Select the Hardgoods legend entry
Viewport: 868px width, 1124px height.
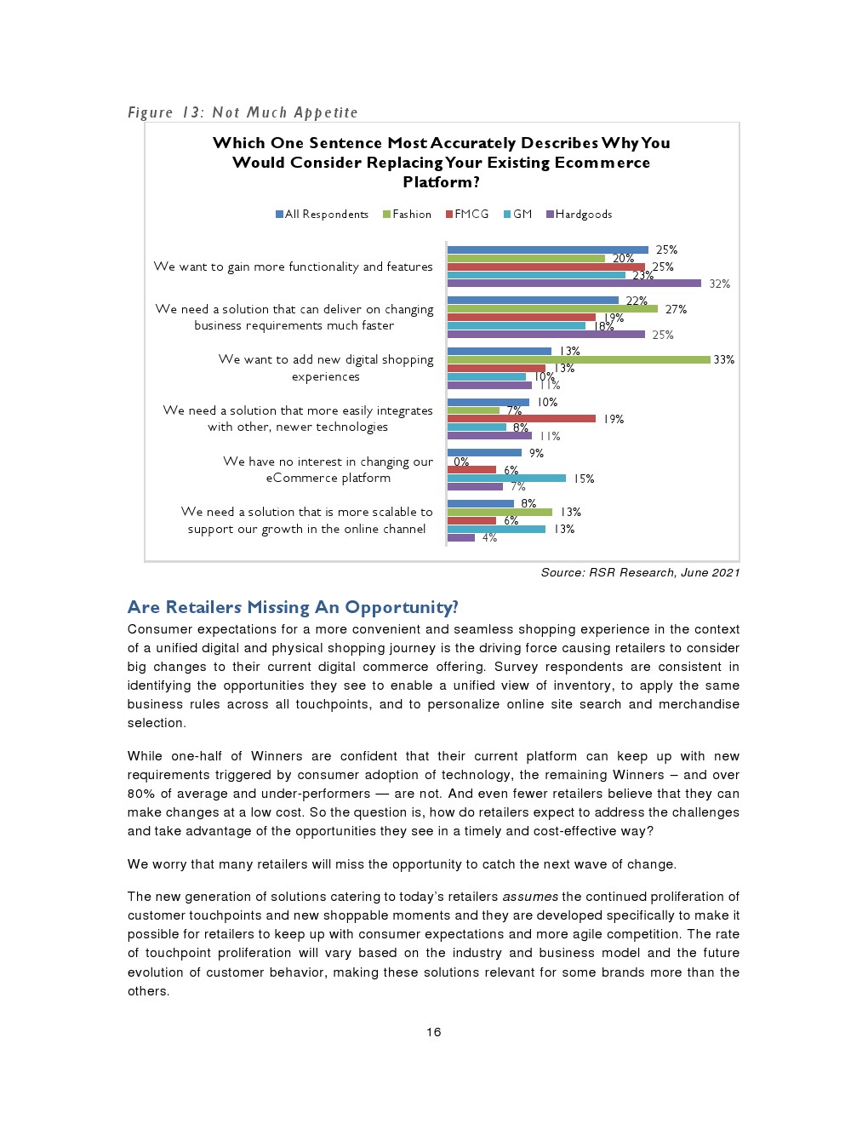tap(583, 215)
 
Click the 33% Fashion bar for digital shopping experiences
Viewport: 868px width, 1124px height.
tap(579, 360)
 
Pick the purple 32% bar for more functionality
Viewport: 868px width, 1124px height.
tap(574, 284)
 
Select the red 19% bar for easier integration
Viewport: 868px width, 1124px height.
tap(521, 419)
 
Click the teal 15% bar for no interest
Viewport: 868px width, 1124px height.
tap(506, 479)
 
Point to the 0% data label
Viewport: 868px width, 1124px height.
tap(461, 462)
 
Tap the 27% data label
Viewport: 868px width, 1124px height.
tap(676, 309)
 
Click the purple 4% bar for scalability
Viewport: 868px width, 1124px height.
tap(461, 538)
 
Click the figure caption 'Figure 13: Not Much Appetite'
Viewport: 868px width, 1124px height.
tap(243, 112)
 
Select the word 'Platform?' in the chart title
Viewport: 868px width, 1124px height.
tap(441, 182)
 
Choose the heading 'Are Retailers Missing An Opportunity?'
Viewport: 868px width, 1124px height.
tap(293, 607)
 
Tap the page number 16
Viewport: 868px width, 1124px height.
tap(434, 1032)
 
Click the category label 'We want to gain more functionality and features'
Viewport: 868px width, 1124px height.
tap(293, 267)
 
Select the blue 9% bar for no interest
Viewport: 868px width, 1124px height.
tap(484, 453)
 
